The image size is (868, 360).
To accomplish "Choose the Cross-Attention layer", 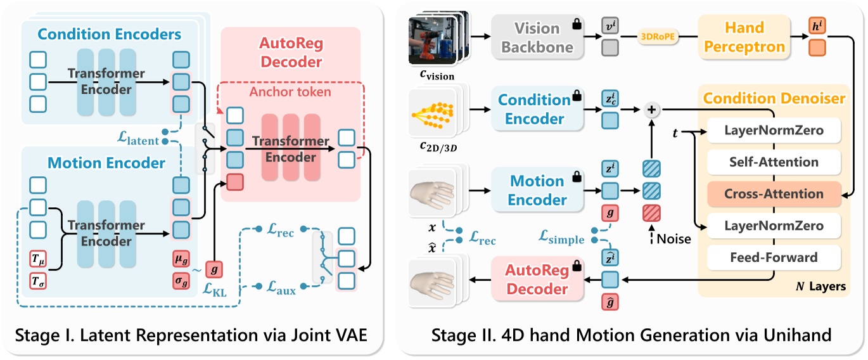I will [774, 194].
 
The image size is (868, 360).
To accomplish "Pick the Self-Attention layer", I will [774, 162].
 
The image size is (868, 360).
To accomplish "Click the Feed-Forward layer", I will [774, 257].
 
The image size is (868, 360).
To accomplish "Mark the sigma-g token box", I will [181, 280].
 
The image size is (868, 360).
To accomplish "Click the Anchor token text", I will [290, 92].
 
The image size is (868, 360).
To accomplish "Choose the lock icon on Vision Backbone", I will [577, 24].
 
